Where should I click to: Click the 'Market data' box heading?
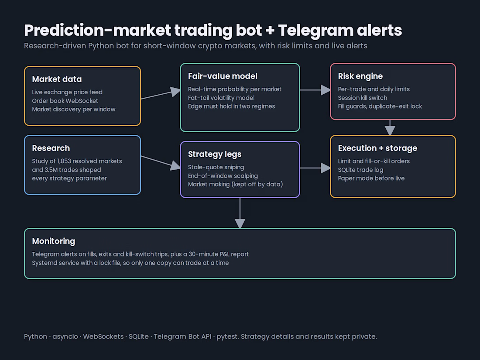tap(57, 79)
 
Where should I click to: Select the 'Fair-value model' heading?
tap(223, 76)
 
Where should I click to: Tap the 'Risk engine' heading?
tap(360, 76)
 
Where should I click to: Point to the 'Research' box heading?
tap(51, 148)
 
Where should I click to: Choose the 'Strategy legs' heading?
tap(215, 154)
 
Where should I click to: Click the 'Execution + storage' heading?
tap(377, 148)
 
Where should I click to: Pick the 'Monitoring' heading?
tap(54, 242)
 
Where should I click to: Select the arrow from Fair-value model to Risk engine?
tap(315, 90)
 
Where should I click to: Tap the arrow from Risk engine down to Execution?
tap(390, 127)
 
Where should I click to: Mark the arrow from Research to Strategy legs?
tap(161, 162)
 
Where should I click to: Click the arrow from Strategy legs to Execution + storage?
tap(315, 168)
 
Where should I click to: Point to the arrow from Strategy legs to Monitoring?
tap(240, 213)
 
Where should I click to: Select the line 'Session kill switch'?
tap(363, 98)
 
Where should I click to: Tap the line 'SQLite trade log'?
tap(360, 170)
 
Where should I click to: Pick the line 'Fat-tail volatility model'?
tap(221, 98)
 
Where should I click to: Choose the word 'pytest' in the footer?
tap(227, 337)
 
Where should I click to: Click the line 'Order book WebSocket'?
tap(65, 101)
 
